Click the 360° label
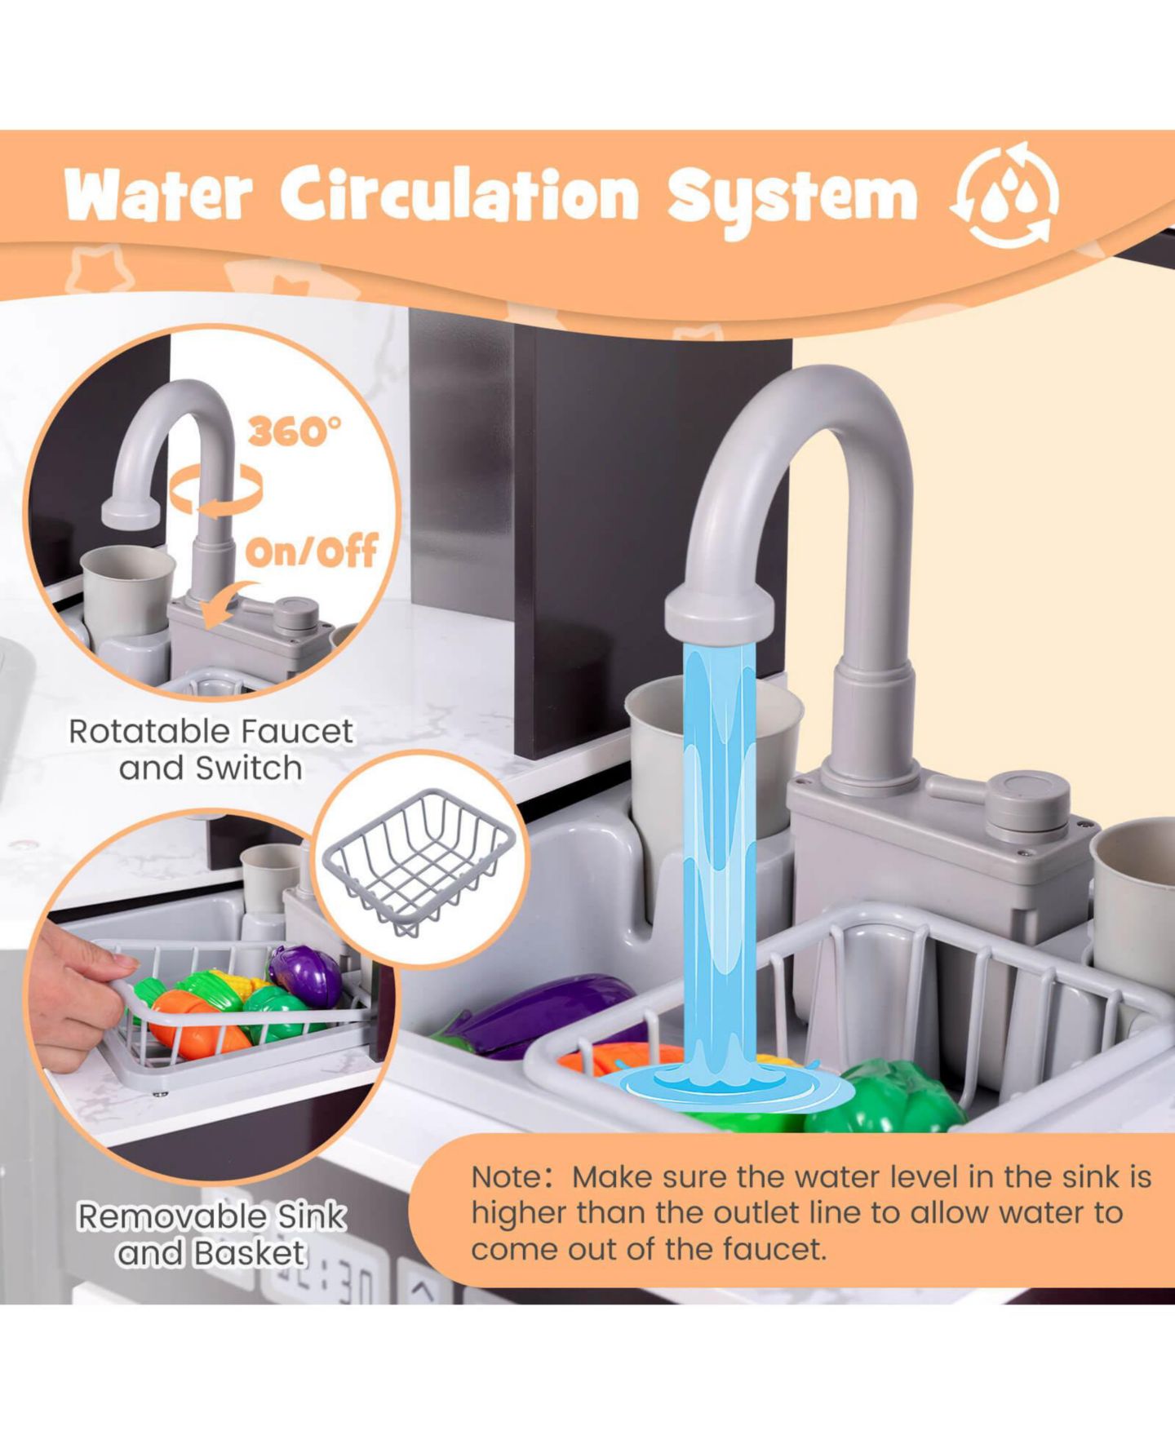tap(295, 430)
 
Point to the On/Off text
tap(312, 551)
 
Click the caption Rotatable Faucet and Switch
tap(211, 749)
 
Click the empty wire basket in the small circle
tap(419, 861)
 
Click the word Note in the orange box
tap(505, 1176)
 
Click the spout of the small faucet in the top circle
tap(131, 512)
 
